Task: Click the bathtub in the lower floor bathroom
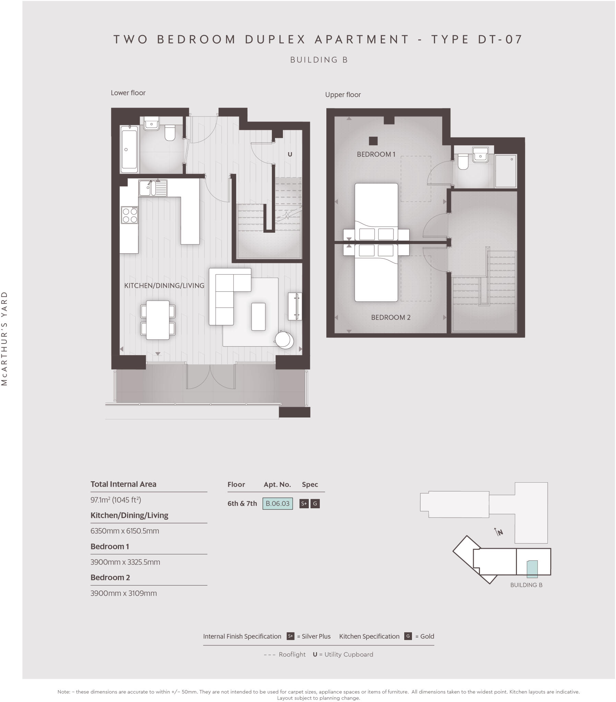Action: (129, 149)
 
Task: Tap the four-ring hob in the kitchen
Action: (130, 215)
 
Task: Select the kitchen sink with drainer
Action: (153, 188)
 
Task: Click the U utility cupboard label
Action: (290, 155)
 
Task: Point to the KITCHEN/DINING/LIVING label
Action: (164, 286)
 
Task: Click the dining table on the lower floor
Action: (157, 320)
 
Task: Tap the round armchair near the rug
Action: (284, 340)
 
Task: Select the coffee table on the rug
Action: (258, 316)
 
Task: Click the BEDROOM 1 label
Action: (376, 155)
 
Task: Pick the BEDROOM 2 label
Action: (390, 318)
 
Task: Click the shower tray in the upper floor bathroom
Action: (505, 171)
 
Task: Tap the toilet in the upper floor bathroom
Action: (463, 162)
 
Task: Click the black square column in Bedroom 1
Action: (373, 141)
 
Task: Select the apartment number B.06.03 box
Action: (277, 504)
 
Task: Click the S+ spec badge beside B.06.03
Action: (304, 504)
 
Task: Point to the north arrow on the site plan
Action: (498, 532)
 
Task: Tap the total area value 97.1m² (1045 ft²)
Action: (116, 500)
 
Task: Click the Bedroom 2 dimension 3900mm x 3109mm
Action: (123, 593)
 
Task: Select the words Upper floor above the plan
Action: (342, 95)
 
